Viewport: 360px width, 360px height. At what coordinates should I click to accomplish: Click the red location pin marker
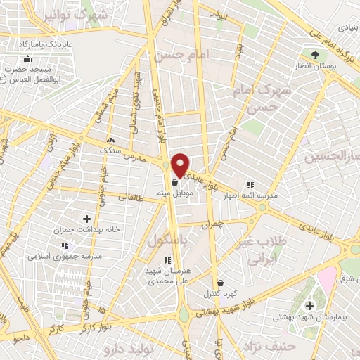[181, 164]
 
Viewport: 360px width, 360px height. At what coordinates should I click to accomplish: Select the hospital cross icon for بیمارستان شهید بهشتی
[309, 306]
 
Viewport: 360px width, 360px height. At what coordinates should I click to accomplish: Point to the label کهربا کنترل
[219, 292]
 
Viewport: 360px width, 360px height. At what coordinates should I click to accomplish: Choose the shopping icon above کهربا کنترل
[219, 283]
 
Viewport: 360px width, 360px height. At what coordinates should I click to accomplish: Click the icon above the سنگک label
[110, 139]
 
